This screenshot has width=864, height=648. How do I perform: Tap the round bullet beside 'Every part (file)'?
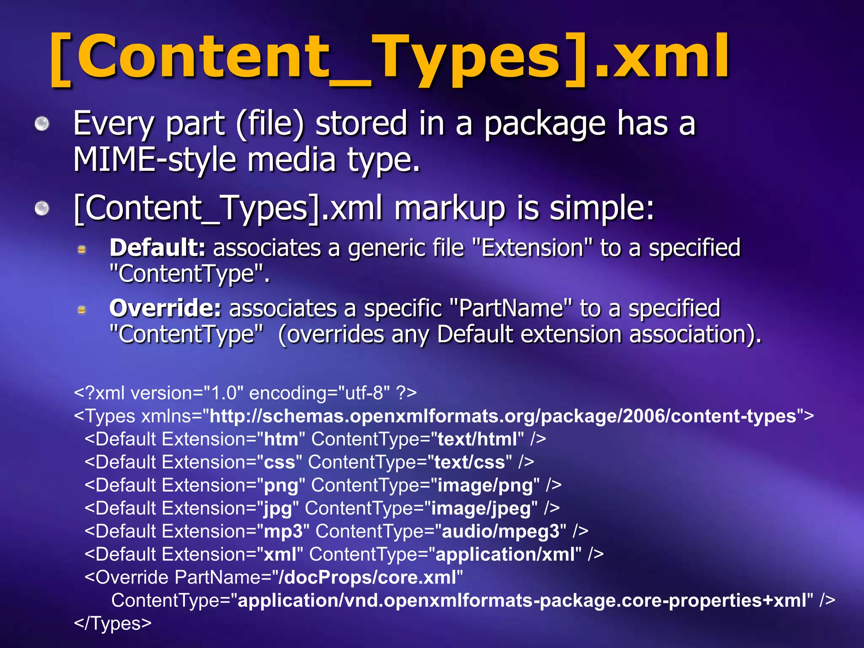click(42, 124)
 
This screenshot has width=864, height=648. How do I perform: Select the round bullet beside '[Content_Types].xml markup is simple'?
click(42, 208)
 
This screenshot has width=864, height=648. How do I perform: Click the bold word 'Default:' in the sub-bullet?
click(157, 248)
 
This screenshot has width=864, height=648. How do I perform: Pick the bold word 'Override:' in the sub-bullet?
click(165, 308)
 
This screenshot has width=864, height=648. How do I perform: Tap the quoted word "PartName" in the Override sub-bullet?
click(511, 308)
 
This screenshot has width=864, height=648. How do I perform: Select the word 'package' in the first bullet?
click(545, 124)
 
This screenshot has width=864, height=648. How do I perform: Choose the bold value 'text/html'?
click(477, 439)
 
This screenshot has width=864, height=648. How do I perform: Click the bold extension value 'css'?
click(279, 462)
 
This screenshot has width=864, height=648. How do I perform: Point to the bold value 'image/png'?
click(485, 485)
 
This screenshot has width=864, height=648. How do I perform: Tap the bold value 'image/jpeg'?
click(481, 508)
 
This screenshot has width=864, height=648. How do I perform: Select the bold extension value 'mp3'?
click(283, 532)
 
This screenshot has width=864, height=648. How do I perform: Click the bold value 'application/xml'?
click(505, 554)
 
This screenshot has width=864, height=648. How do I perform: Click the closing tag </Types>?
click(113, 624)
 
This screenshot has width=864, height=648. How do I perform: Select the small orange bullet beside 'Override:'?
click(82, 310)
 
